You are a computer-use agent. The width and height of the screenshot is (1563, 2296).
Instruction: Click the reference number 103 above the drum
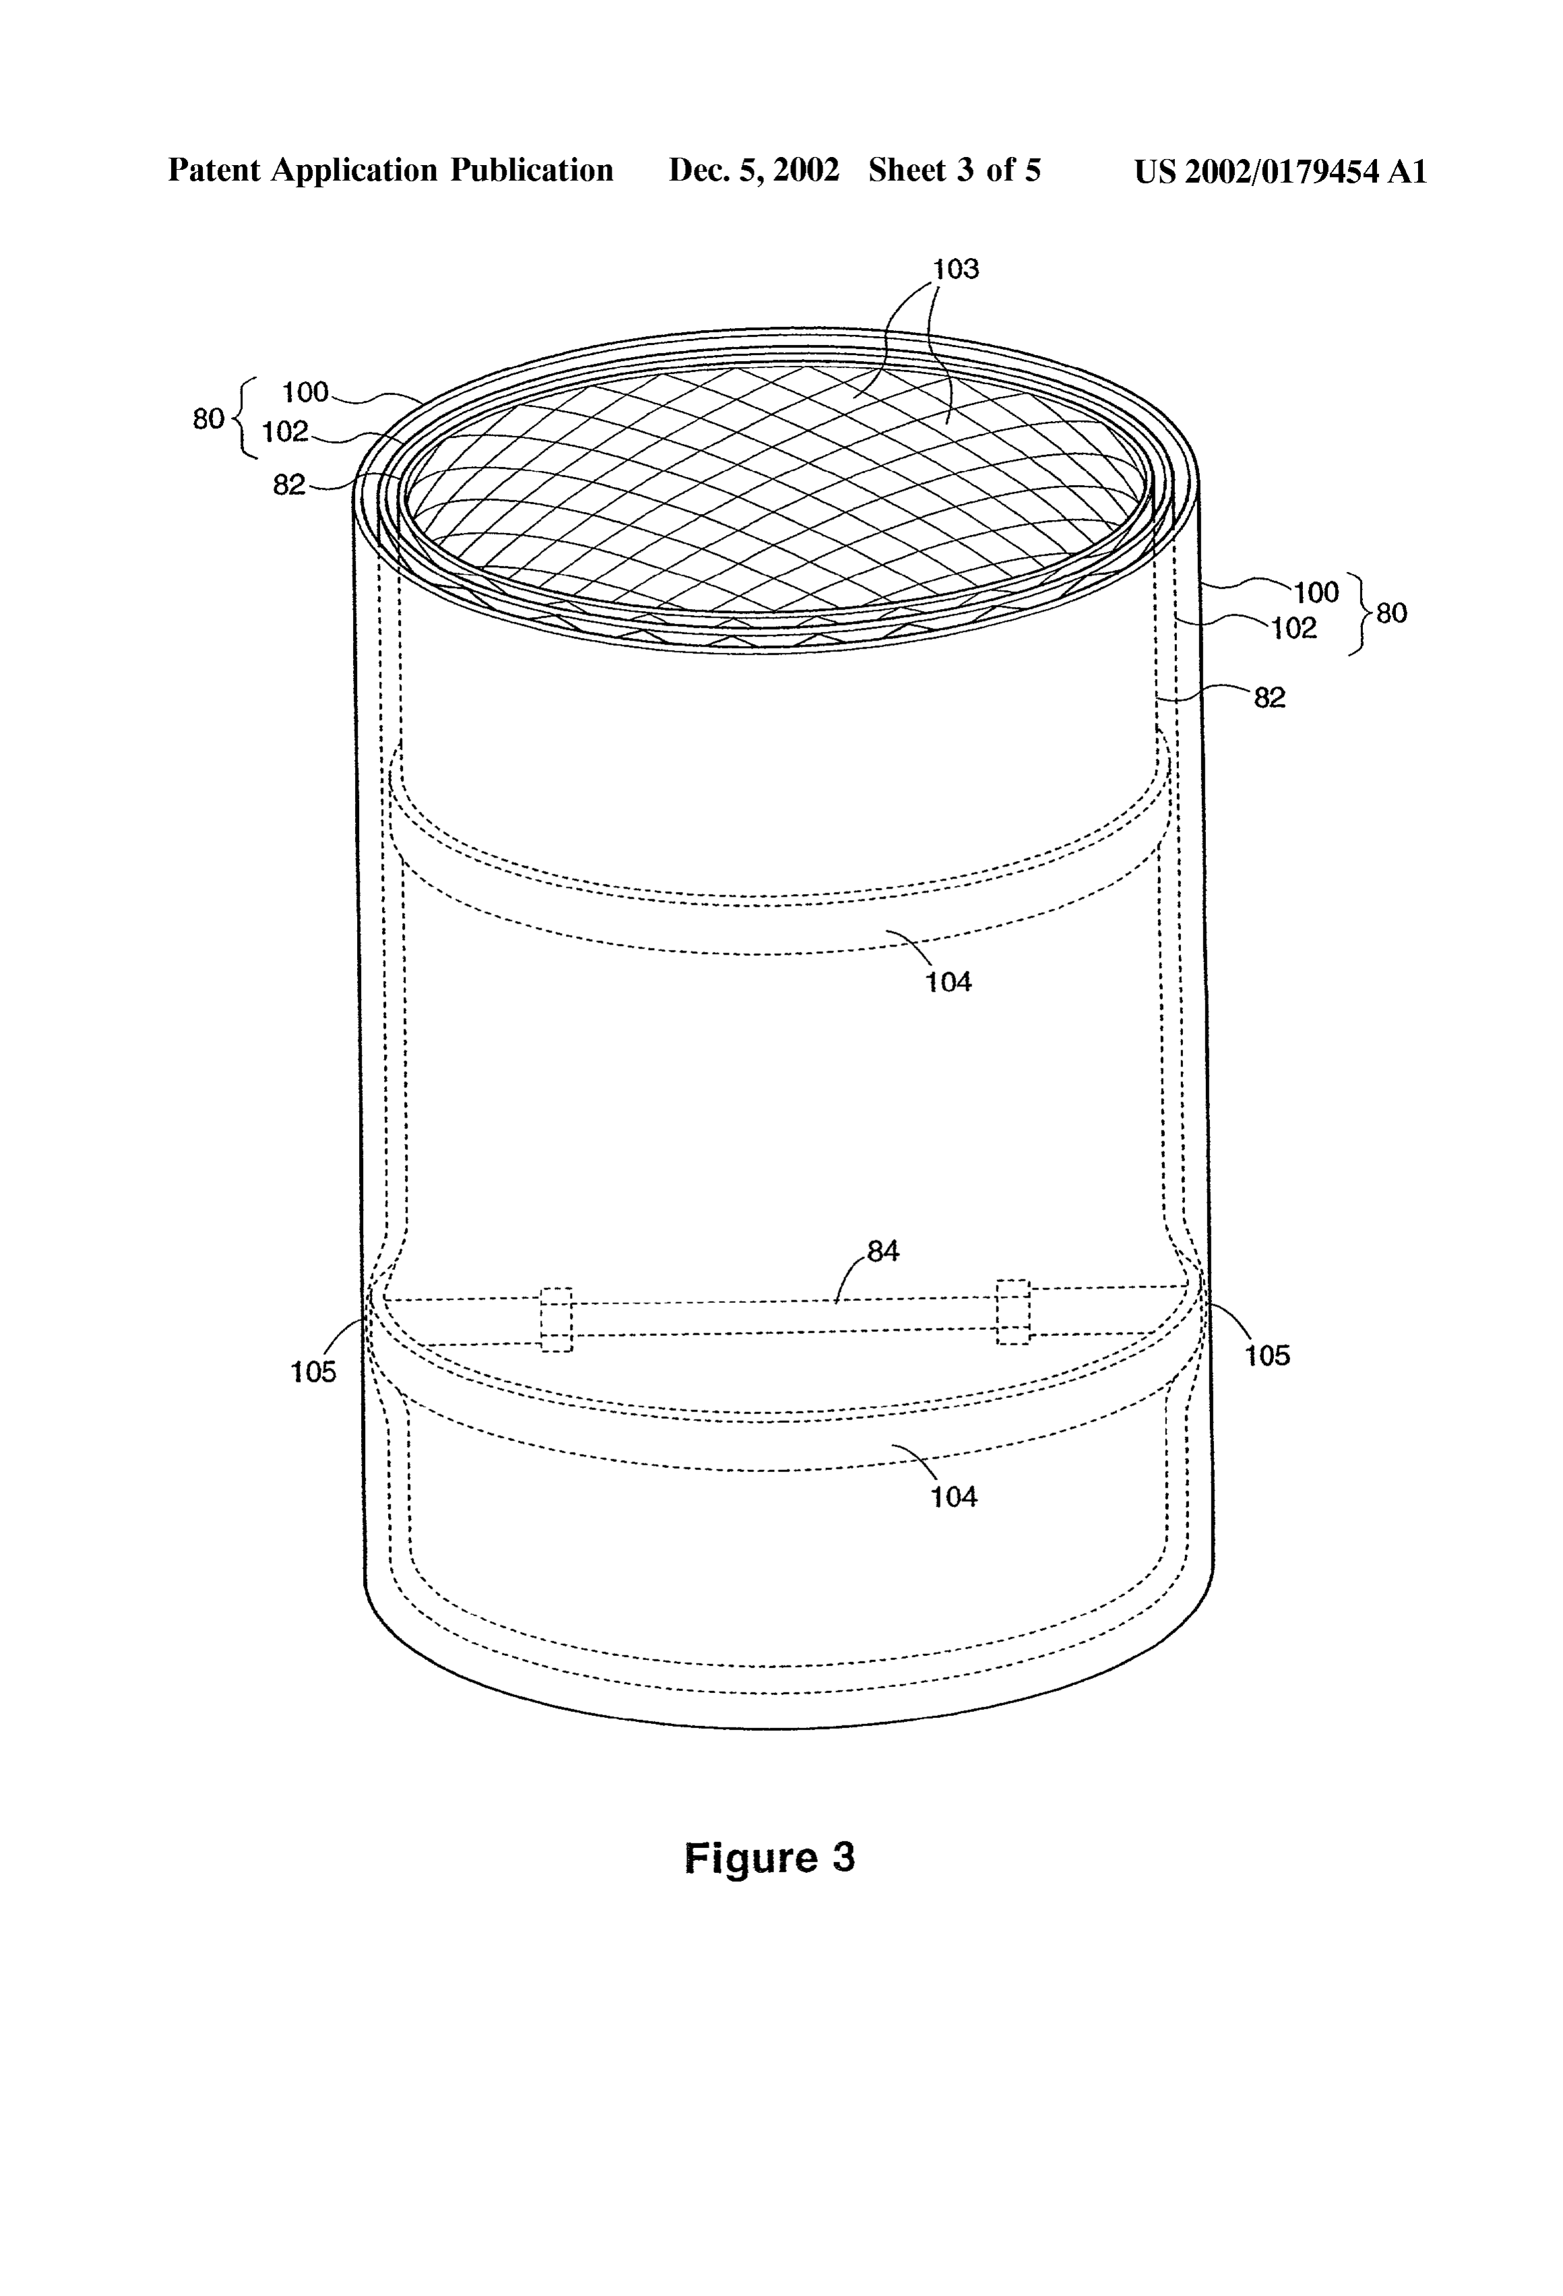[955, 269]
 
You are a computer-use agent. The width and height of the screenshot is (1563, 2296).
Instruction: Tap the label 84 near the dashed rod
[883, 1251]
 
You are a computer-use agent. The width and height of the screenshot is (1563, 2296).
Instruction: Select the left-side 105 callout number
[313, 1371]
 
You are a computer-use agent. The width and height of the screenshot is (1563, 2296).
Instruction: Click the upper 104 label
[949, 982]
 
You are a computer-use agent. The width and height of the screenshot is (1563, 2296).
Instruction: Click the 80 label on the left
[208, 419]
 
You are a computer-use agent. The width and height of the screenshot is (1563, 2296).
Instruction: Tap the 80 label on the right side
[1391, 614]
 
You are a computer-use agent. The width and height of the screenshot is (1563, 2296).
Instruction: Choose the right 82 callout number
[1269, 697]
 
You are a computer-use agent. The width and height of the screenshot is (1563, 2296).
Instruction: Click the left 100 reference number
[305, 392]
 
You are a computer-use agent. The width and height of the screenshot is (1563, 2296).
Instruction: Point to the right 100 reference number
[1316, 593]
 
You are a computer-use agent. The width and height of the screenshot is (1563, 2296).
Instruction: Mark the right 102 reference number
[1294, 629]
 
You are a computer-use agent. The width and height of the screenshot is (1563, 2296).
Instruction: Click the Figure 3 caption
[769, 1858]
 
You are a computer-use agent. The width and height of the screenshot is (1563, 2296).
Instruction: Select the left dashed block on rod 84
[556, 1319]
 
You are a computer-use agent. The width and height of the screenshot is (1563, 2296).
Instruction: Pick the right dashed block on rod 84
[1013, 1312]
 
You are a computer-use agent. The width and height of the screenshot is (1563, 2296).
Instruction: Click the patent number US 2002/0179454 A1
[1281, 172]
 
